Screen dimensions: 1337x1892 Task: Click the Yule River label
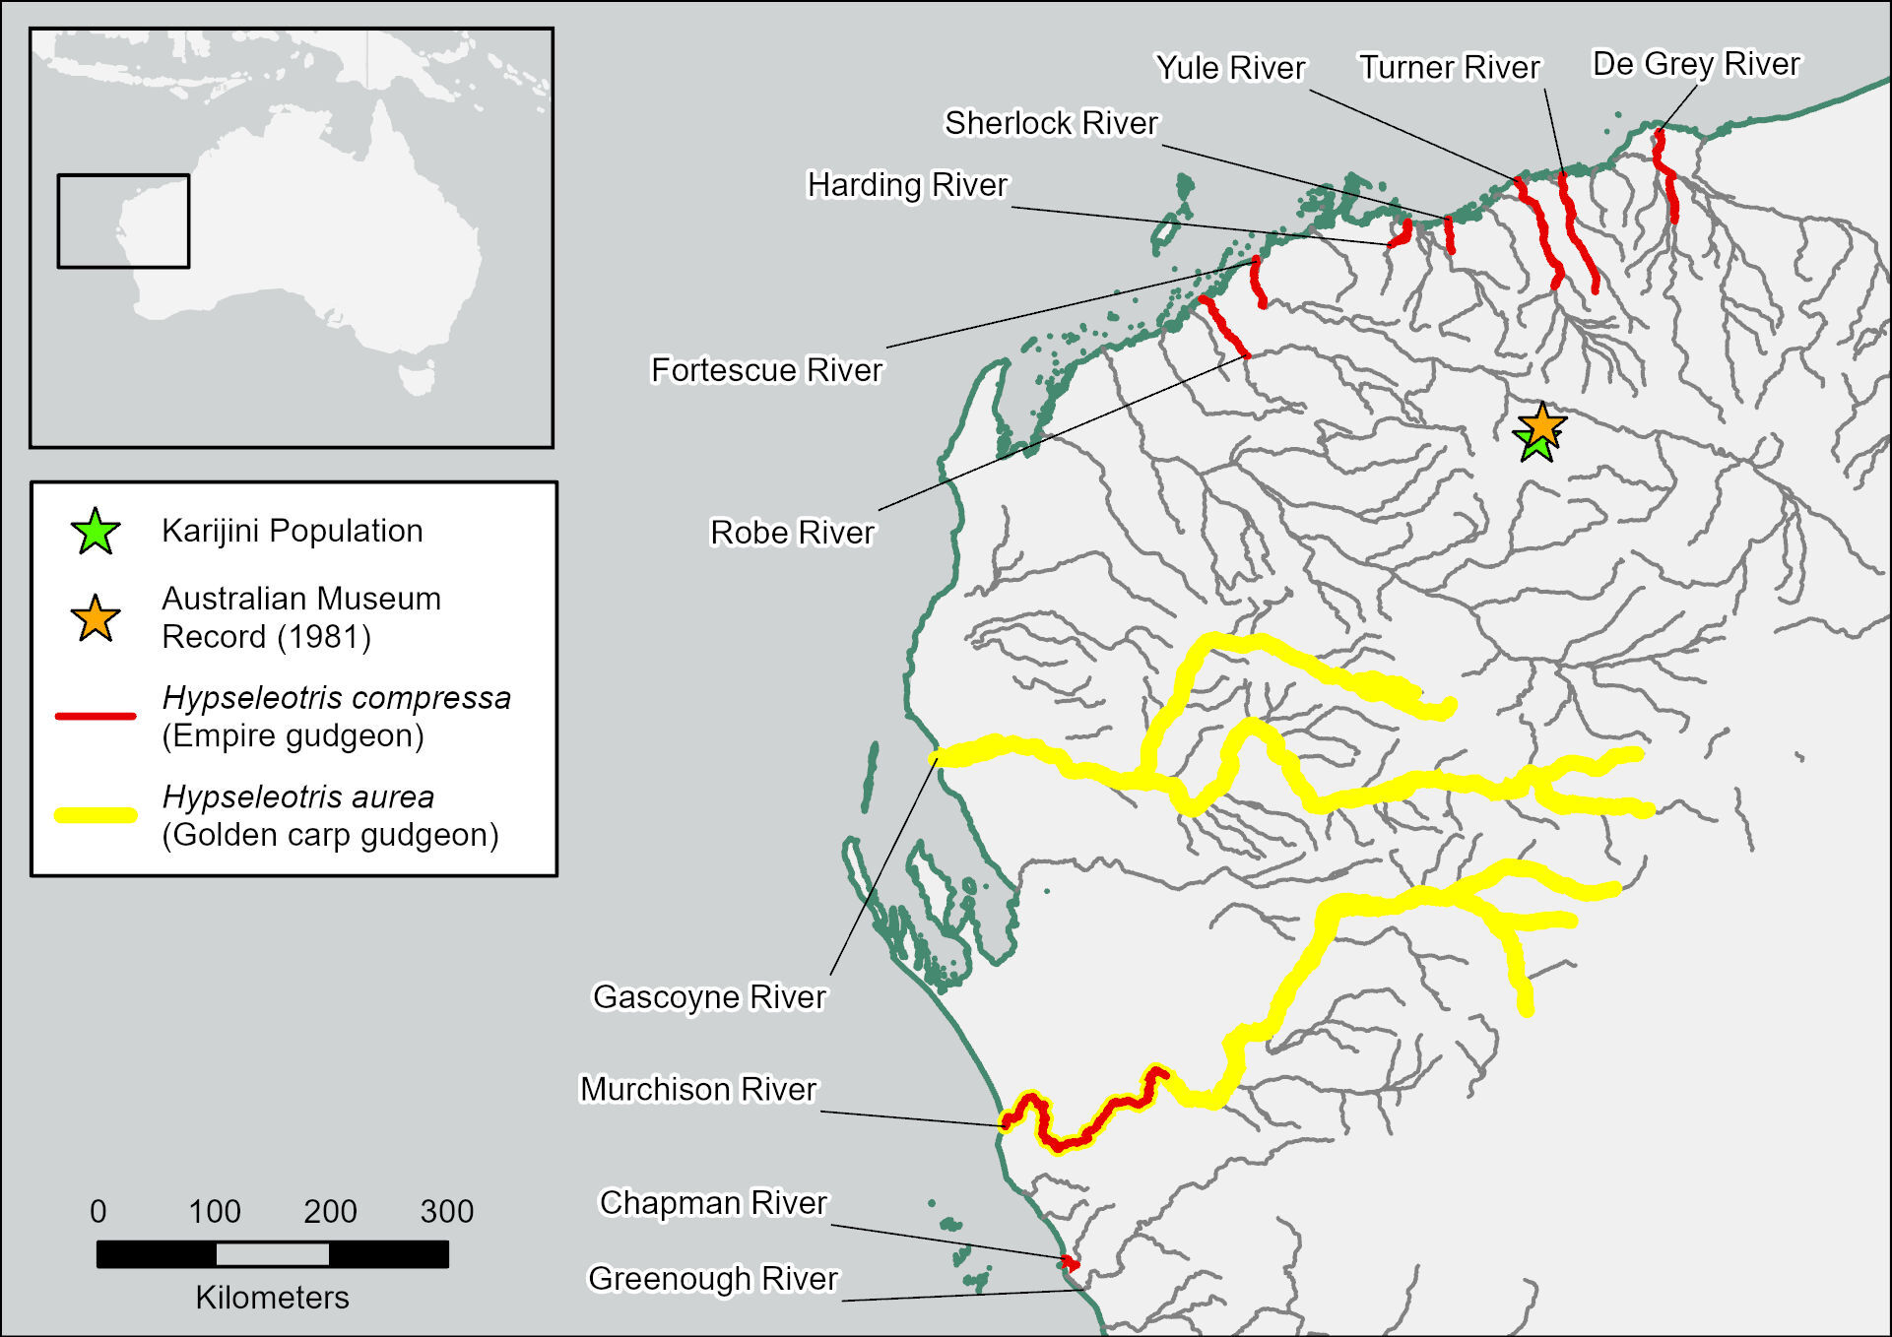tap(1229, 68)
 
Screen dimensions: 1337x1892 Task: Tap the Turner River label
tap(1449, 67)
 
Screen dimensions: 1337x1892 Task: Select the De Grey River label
tap(1695, 64)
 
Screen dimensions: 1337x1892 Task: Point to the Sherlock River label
tap(1051, 123)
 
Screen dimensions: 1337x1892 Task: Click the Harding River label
tap(907, 185)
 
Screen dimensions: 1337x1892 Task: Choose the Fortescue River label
tap(766, 370)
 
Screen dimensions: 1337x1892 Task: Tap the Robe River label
tap(792, 533)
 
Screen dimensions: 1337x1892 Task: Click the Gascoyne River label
tap(709, 997)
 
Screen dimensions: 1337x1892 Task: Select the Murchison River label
tap(697, 1090)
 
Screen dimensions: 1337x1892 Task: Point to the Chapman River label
tap(713, 1203)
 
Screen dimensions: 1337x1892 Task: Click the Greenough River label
tap(712, 1279)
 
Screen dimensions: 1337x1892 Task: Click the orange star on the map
tap(1541, 425)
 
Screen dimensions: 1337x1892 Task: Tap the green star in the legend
tap(96, 533)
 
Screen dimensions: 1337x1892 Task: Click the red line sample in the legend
tap(96, 716)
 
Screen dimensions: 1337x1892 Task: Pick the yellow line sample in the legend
tap(96, 815)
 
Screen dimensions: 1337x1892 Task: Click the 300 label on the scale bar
tap(446, 1211)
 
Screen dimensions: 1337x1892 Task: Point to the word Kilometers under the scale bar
tap(272, 1298)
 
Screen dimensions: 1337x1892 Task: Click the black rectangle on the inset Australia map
tap(123, 176)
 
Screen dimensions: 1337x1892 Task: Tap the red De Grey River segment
tap(1666, 177)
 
